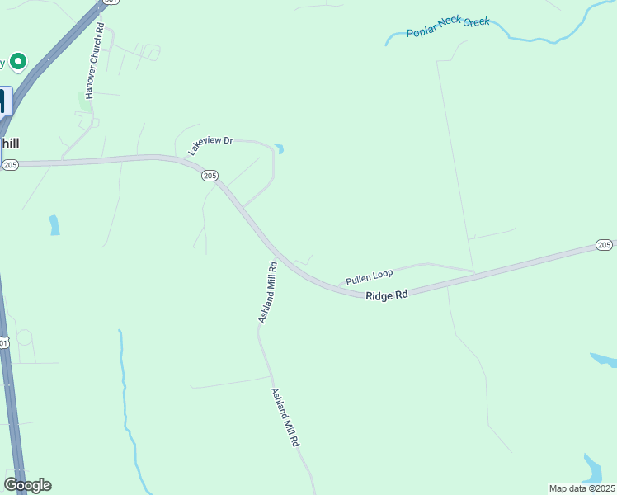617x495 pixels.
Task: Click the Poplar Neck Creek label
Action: point(448,27)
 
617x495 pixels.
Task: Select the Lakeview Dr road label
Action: point(211,145)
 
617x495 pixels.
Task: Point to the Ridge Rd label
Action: point(388,295)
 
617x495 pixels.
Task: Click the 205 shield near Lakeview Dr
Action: point(210,176)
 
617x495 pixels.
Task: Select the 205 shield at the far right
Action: point(604,245)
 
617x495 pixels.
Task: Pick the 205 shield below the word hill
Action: point(10,165)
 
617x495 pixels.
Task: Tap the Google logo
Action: point(27,485)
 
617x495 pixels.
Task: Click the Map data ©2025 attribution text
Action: point(582,488)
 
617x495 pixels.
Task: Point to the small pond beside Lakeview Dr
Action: point(280,149)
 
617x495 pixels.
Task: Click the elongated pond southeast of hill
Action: point(54,224)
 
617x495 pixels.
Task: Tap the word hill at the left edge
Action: point(10,144)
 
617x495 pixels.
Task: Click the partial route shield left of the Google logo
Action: point(3,342)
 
